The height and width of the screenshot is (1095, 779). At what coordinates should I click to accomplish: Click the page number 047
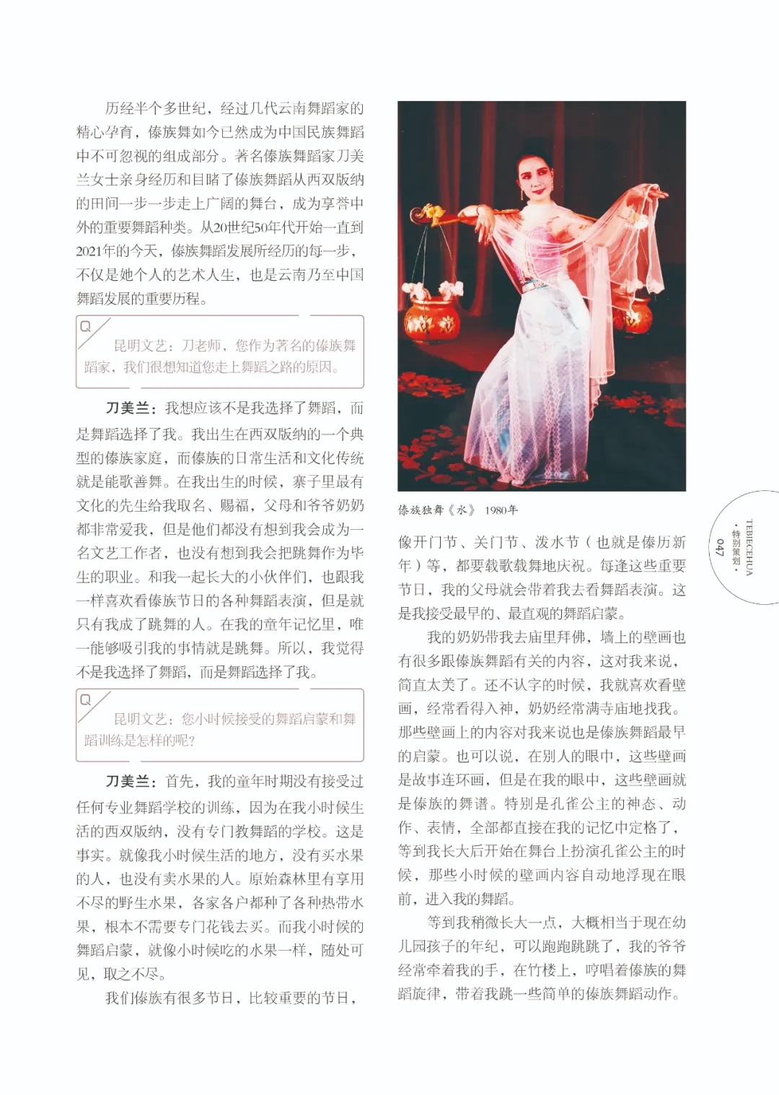coord(719,547)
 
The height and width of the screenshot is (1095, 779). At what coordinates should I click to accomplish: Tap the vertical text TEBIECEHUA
coord(749,547)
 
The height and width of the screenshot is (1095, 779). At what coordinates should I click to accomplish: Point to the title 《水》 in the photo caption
coord(462,510)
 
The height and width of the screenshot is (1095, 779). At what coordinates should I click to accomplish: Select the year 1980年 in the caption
coord(501,510)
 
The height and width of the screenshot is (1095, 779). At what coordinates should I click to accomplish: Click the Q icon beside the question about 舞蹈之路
coord(86,326)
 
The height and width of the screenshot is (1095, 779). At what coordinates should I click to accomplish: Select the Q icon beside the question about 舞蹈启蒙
coord(86,699)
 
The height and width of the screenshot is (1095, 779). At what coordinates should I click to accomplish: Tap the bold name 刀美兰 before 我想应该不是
coord(128,409)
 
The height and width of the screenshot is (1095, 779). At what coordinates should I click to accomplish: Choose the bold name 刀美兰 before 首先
coord(128,782)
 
